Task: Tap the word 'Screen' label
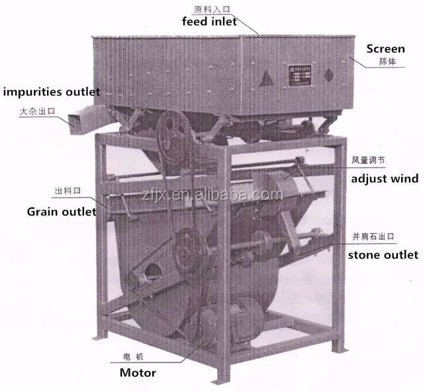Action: (x=385, y=49)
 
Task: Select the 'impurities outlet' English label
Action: (x=51, y=92)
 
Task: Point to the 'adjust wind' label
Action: (x=385, y=178)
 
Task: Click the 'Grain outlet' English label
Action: (x=61, y=212)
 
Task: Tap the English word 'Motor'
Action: (x=138, y=372)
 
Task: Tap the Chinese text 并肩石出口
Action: (x=376, y=237)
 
